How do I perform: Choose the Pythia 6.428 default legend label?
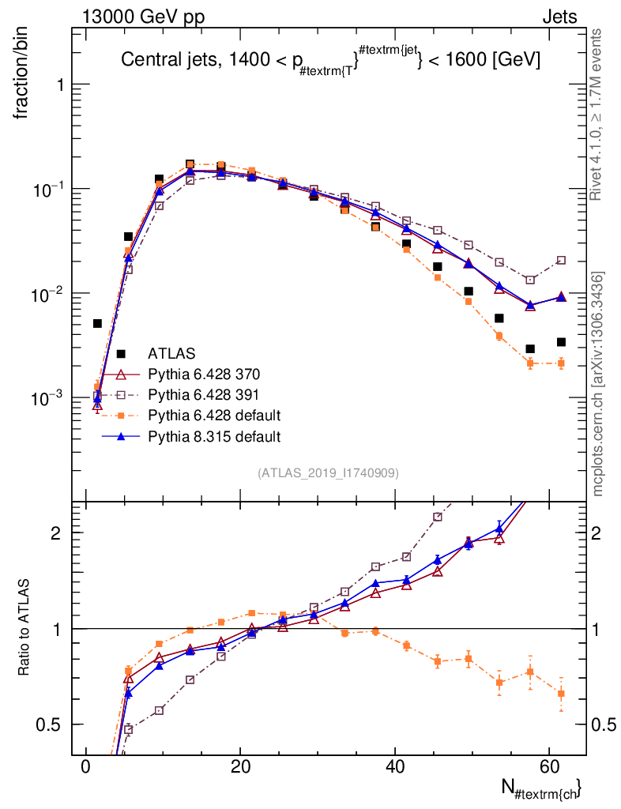[215, 416]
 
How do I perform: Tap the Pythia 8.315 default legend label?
[215, 436]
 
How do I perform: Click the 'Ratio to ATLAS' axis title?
[24, 628]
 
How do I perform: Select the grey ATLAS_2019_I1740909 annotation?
[328, 473]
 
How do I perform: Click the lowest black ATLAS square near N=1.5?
[97, 323]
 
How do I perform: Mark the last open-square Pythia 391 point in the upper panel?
[561, 260]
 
